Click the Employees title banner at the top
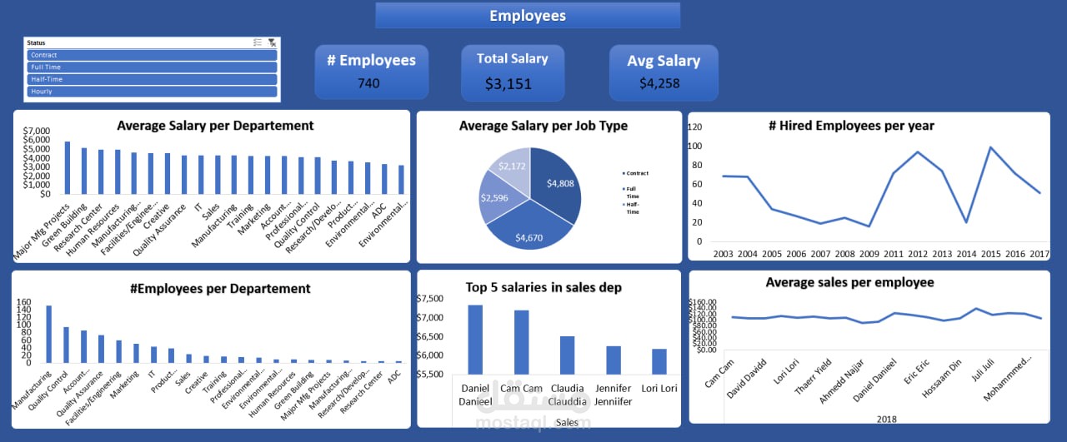tap(528, 16)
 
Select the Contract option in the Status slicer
tap(152, 55)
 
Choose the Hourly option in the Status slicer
tap(152, 91)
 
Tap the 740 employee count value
tap(370, 82)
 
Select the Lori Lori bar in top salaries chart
tap(659, 361)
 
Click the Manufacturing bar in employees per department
tap(49, 334)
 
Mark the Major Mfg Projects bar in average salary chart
tap(68, 167)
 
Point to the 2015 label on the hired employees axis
tap(991, 253)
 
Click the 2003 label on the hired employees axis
tap(723, 253)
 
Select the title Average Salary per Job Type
tap(544, 126)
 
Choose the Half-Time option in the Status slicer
tap(152, 79)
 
